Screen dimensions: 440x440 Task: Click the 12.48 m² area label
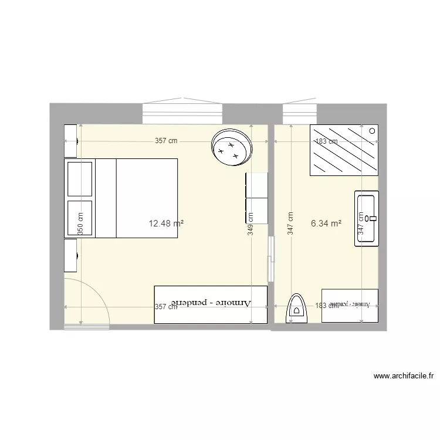tap(167, 223)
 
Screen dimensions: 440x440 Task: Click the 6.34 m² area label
tap(326, 223)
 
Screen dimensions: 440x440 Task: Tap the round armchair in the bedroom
tap(232, 147)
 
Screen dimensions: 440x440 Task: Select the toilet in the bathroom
tap(297, 309)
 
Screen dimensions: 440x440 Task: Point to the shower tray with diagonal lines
tap(344, 150)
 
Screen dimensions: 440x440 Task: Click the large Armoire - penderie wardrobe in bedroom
tap(210, 304)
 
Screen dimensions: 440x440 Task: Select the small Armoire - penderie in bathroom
tap(350, 306)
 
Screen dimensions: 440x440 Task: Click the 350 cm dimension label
tap(80, 224)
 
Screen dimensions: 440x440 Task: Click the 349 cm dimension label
tap(251, 224)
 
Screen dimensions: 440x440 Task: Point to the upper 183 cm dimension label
tap(327, 141)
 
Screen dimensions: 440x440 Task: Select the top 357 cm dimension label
tap(166, 141)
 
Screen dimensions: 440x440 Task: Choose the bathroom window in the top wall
tap(300, 112)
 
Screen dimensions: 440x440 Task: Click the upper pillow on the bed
tap(80, 179)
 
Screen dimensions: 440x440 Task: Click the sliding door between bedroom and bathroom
tap(270, 258)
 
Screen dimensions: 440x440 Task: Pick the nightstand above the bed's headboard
tap(70, 141)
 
